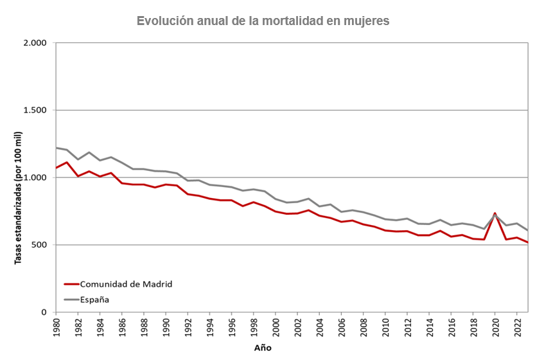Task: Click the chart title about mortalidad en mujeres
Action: click(263, 21)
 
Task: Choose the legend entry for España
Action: click(94, 299)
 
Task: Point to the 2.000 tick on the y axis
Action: click(35, 43)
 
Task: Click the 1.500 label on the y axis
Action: click(35, 111)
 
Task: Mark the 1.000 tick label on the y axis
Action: click(35, 177)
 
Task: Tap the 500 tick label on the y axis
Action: click(39, 245)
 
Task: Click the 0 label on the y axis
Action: click(44, 312)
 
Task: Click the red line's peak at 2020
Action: click(495, 213)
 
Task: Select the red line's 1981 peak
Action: click(67, 162)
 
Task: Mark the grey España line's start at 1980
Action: click(57, 148)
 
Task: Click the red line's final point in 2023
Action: click(528, 242)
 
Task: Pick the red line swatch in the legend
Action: click(71, 283)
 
